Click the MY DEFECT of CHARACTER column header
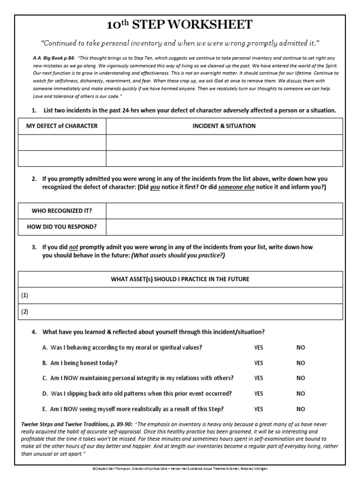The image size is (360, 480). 62,126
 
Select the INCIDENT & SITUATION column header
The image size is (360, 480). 224,126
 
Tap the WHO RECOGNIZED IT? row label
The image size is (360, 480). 62,211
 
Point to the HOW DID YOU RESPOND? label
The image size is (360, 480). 62,227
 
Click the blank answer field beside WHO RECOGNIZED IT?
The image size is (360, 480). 224,211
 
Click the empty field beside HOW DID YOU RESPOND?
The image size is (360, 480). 224,227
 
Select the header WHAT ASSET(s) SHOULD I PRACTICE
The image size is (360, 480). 180,279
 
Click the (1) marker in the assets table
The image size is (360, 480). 25,295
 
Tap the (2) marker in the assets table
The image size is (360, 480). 25,311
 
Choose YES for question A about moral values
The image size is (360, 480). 259,348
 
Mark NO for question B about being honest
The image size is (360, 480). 300,363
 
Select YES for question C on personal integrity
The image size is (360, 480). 259,378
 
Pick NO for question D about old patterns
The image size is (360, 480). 300,393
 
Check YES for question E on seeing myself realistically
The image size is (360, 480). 259,409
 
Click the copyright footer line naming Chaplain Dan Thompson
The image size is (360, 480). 180,469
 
